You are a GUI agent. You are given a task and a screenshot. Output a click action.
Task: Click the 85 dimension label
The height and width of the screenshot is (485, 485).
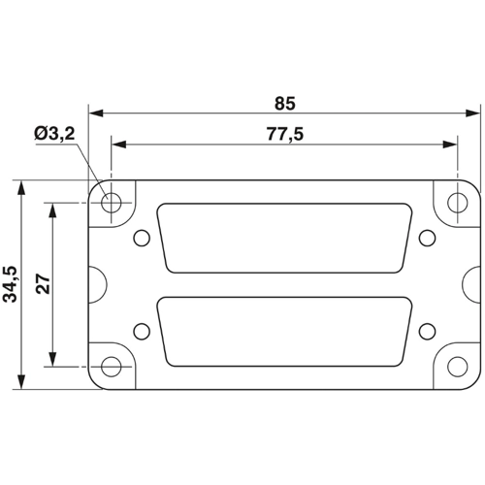pyautogui.click(x=285, y=104)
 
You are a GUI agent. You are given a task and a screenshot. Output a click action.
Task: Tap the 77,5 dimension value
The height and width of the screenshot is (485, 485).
pyautogui.click(x=285, y=134)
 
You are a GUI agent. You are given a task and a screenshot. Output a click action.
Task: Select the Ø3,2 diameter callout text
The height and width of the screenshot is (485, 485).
pyautogui.click(x=54, y=133)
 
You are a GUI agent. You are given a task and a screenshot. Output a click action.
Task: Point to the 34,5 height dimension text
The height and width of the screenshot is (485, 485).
pyautogui.click(x=10, y=284)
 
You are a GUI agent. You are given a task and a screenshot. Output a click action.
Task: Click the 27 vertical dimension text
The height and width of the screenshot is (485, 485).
pyautogui.click(x=44, y=283)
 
